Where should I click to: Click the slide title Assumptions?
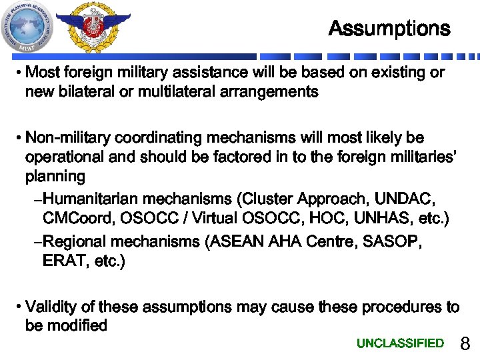coord(389,29)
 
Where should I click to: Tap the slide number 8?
coord(465,344)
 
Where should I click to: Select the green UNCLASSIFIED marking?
coord(400,343)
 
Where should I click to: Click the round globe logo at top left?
coord(27,27)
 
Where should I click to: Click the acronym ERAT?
coord(63,261)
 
